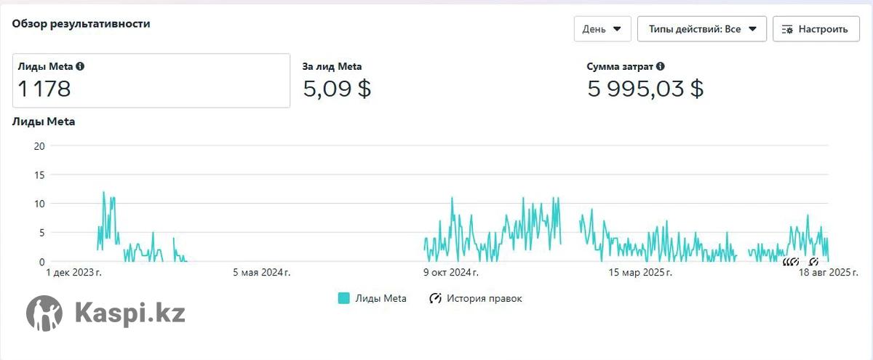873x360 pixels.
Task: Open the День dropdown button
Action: pos(602,29)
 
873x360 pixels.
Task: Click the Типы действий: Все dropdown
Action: pos(701,29)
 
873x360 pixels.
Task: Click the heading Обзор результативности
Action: pos(81,23)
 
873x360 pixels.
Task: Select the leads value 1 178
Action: pos(44,89)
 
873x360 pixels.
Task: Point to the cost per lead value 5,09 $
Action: pos(337,89)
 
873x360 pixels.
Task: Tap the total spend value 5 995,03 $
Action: pos(645,89)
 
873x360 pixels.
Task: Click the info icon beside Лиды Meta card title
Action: pos(80,66)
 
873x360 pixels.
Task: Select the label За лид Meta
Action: pos(332,66)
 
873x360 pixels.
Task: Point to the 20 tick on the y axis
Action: pos(39,145)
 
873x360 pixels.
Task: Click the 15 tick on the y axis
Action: pos(39,175)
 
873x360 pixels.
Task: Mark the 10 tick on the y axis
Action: pos(39,204)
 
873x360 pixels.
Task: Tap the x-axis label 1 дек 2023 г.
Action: pos(73,273)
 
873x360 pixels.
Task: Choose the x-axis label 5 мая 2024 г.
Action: pos(261,273)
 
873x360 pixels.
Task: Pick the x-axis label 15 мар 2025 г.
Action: pos(640,273)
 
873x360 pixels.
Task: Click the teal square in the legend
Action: pos(344,298)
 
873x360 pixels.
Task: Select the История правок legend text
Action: pos(484,298)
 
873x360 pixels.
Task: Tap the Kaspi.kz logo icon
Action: pos(44,313)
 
